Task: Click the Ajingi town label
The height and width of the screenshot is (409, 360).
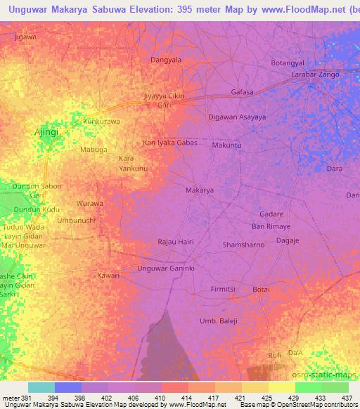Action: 48,131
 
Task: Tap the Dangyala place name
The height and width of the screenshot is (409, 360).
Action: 166,60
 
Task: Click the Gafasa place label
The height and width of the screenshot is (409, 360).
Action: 242,92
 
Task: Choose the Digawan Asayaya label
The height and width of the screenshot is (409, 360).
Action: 237,117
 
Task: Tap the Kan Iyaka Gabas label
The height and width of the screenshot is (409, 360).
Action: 169,142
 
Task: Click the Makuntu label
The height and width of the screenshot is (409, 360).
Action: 227,145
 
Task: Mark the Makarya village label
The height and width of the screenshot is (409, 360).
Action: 199,190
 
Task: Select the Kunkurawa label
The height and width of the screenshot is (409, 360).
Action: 102,121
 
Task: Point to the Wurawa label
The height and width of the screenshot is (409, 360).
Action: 90,203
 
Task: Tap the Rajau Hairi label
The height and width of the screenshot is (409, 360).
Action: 176,242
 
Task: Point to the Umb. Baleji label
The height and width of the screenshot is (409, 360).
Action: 219,321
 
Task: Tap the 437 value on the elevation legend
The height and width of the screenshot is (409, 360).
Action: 347,398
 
